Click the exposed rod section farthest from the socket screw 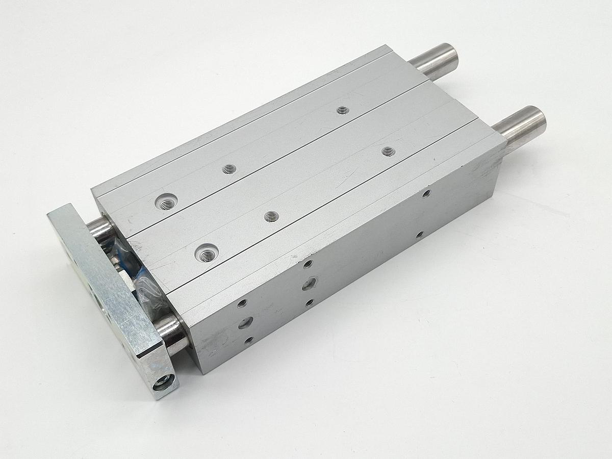click(x=99, y=227)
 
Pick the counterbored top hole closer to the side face click(x=207, y=251)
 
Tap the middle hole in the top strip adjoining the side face click(x=272, y=216)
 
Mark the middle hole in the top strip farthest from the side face click(x=229, y=169)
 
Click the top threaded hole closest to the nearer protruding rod click(x=388, y=151)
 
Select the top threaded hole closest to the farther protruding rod click(x=343, y=110)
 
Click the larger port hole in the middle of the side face click(x=309, y=284)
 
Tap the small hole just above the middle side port click(x=307, y=264)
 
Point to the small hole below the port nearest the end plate click(x=248, y=340)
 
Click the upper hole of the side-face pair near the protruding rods click(x=426, y=193)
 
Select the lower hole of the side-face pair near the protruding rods click(x=419, y=235)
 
